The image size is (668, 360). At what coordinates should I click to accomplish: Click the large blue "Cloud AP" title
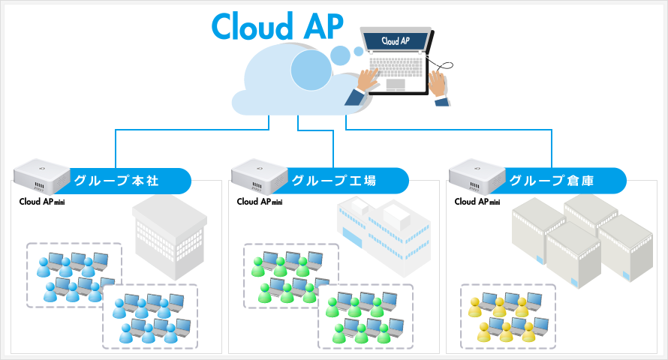pos(278,26)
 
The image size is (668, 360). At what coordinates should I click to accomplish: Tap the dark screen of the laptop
pos(396,41)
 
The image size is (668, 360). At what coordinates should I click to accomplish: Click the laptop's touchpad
pos(396,84)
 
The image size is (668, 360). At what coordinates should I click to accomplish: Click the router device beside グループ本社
pos(41,176)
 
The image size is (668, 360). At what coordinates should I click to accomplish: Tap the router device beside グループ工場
pos(260,176)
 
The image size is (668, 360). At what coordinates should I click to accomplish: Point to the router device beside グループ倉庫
pos(477,176)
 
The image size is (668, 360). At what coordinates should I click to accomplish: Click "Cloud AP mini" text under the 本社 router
pos(42,201)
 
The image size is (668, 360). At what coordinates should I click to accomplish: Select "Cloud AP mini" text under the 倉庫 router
pos(477,201)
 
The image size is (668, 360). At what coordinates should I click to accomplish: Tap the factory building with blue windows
pos(384,236)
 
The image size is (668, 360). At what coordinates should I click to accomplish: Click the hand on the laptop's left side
pos(367,79)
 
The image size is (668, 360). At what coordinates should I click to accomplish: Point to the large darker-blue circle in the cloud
pos(311,70)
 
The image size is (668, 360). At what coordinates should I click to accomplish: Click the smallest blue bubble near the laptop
pos(359,52)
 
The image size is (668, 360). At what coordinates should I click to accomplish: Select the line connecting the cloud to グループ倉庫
pos(448,129)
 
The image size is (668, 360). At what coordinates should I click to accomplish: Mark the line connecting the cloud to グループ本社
pos(191,129)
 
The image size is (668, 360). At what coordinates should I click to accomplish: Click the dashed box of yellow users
pos(508,284)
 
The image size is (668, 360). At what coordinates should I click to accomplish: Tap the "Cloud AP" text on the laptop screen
pos(396,40)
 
